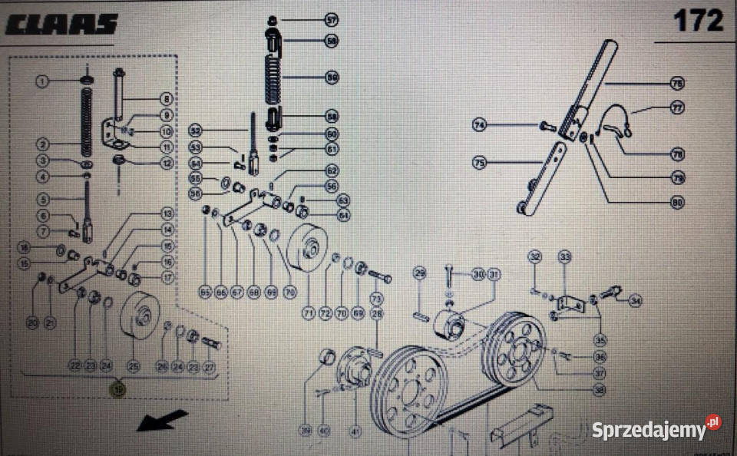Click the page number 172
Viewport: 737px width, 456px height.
[x=698, y=21]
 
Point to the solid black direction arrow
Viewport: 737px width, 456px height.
[x=163, y=421]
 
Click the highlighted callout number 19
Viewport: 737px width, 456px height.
[x=118, y=390]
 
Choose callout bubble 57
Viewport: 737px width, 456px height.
[x=331, y=19]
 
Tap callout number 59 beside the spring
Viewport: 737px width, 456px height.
[x=331, y=77]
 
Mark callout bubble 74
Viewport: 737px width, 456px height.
[x=480, y=125]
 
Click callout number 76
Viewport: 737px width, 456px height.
[x=676, y=82]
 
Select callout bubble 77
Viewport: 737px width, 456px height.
[x=676, y=108]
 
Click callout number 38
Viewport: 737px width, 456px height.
[x=599, y=389]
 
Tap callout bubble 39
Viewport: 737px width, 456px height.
[x=306, y=431]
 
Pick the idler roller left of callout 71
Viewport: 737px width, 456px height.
[x=306, y=249]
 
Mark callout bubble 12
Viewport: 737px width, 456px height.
[x=167, y=163]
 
